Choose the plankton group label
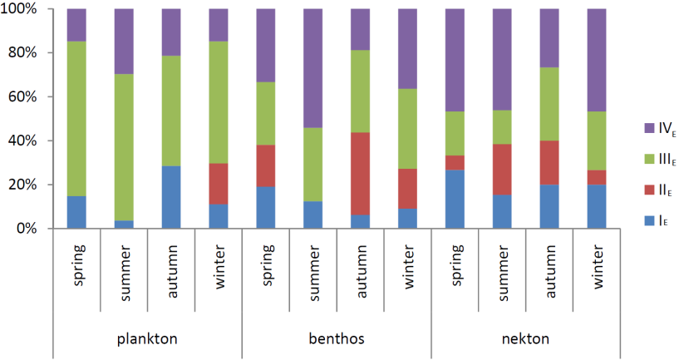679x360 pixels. coord(147,339)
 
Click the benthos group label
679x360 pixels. coord(337,339)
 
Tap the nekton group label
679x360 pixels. coord(526,339)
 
